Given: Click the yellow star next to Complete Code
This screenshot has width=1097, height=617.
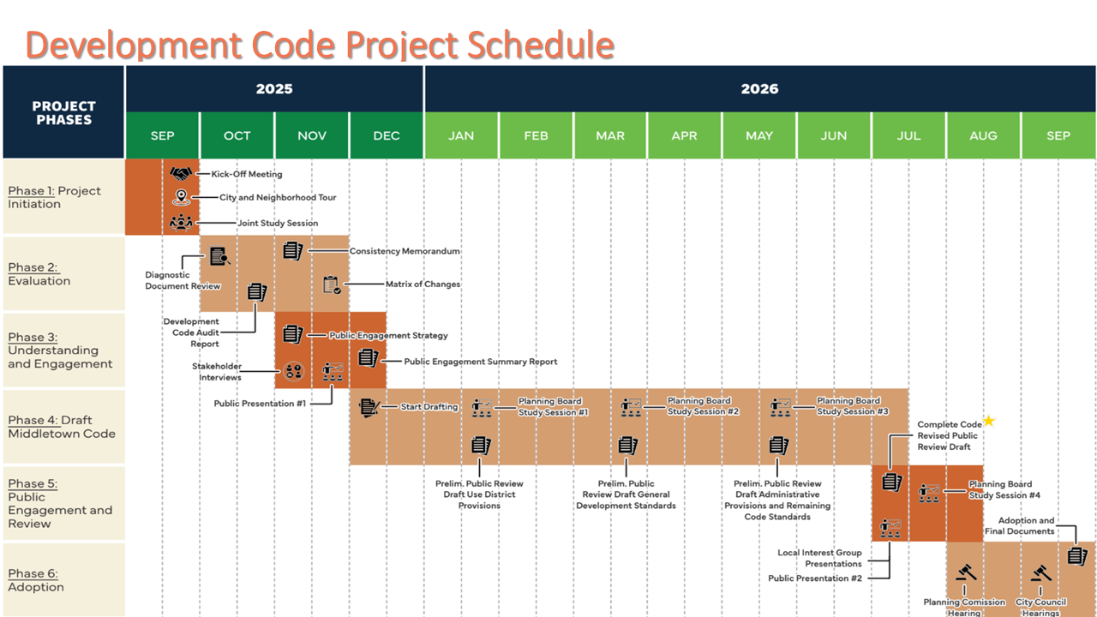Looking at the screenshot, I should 989,421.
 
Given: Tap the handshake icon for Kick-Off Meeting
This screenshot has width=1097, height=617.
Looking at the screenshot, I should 180,174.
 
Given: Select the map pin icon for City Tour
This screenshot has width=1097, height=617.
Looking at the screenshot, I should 180,198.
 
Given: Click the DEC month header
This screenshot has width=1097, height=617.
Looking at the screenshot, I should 387,135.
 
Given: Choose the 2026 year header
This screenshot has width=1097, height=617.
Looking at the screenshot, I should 759,89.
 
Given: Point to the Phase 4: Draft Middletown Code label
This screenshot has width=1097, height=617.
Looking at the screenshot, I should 62,427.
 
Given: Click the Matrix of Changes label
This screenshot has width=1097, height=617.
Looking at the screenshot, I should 423,285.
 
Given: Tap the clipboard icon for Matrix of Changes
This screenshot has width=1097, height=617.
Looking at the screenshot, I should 332,285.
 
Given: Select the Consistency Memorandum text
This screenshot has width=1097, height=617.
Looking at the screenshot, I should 405,251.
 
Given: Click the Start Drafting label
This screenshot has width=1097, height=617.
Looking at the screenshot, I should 429,407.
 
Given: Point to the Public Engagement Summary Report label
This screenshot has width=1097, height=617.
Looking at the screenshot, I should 480,362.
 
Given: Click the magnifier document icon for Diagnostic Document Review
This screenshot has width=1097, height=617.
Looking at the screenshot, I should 219,255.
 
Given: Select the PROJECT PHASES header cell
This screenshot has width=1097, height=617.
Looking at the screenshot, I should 64,113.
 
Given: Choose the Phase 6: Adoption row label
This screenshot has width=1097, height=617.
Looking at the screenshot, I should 36,580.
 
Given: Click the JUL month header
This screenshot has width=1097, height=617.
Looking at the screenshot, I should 908,135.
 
